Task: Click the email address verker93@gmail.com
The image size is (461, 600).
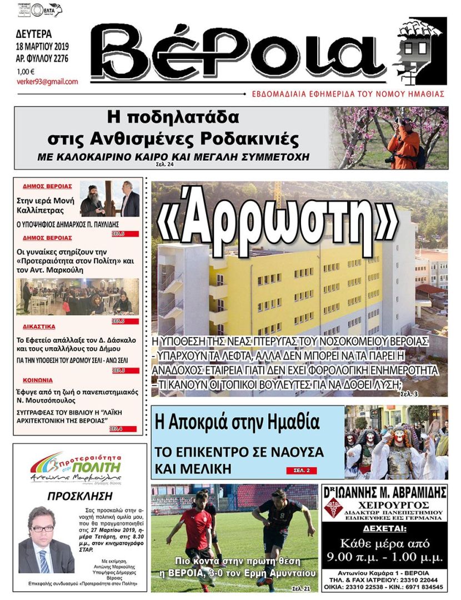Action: (47, 82)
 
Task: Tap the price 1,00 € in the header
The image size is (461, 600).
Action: (26, 71)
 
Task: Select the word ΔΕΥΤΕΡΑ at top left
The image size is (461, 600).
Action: (34, 33)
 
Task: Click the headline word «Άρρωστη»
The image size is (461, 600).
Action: (278, 219)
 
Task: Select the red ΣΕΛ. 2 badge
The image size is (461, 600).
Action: (302, 471)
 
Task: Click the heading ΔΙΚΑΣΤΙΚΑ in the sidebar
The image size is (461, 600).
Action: (39, 327)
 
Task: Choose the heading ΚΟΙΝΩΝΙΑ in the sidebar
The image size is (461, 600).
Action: (38, 381)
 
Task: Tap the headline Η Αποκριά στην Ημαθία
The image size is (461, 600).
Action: (238, 423)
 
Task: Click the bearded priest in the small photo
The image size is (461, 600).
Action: (93, 199)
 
